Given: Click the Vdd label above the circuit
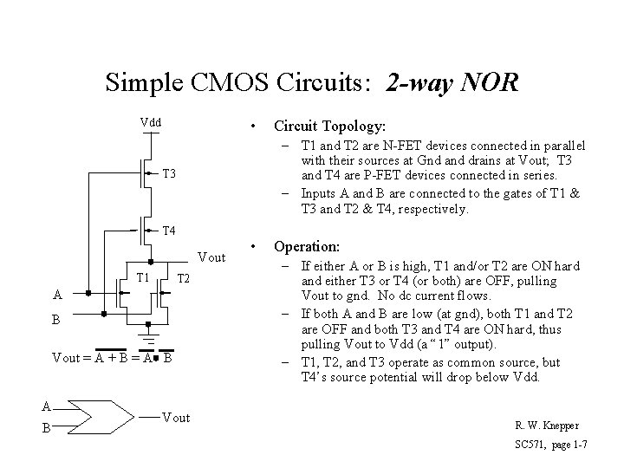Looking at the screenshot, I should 152,122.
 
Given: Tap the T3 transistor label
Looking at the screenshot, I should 170,175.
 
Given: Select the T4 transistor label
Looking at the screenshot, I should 170,231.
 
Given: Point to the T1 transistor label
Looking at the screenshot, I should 145,277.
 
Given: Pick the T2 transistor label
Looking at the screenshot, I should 184,278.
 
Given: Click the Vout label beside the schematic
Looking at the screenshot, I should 211,257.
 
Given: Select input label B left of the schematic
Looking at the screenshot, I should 56,320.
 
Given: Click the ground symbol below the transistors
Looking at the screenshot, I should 149,339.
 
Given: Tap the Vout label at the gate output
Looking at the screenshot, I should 176,418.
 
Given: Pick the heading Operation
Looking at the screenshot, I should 307,246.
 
